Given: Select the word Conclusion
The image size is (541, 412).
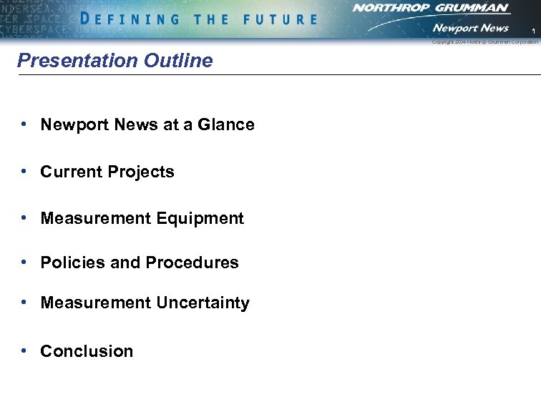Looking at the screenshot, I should point(87,351).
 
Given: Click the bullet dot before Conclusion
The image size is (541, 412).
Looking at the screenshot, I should point(24,350).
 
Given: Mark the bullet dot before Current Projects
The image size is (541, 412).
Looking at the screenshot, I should point(24,172).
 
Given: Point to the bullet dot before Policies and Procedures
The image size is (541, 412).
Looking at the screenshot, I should point(24,263).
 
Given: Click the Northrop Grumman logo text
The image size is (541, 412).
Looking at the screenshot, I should point(430,8).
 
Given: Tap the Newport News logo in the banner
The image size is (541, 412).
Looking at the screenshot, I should point(470,28).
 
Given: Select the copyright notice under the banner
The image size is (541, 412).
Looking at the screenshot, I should point(484,42).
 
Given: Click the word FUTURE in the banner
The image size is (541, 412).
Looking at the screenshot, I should point(280,19).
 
